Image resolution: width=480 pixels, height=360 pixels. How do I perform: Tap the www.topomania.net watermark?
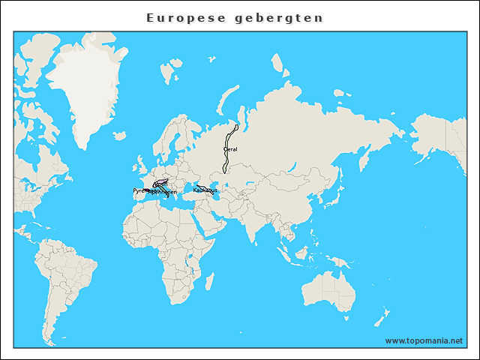pyautogui.click(x=424, y=340)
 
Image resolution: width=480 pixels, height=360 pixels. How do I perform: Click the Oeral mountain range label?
pyautogui.click(x=230, y=149)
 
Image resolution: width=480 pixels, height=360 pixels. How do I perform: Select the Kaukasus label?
pyautogui.click(x=205, y=190)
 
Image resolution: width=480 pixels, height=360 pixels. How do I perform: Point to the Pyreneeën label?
pyautogui.click(x=141, y=191)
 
